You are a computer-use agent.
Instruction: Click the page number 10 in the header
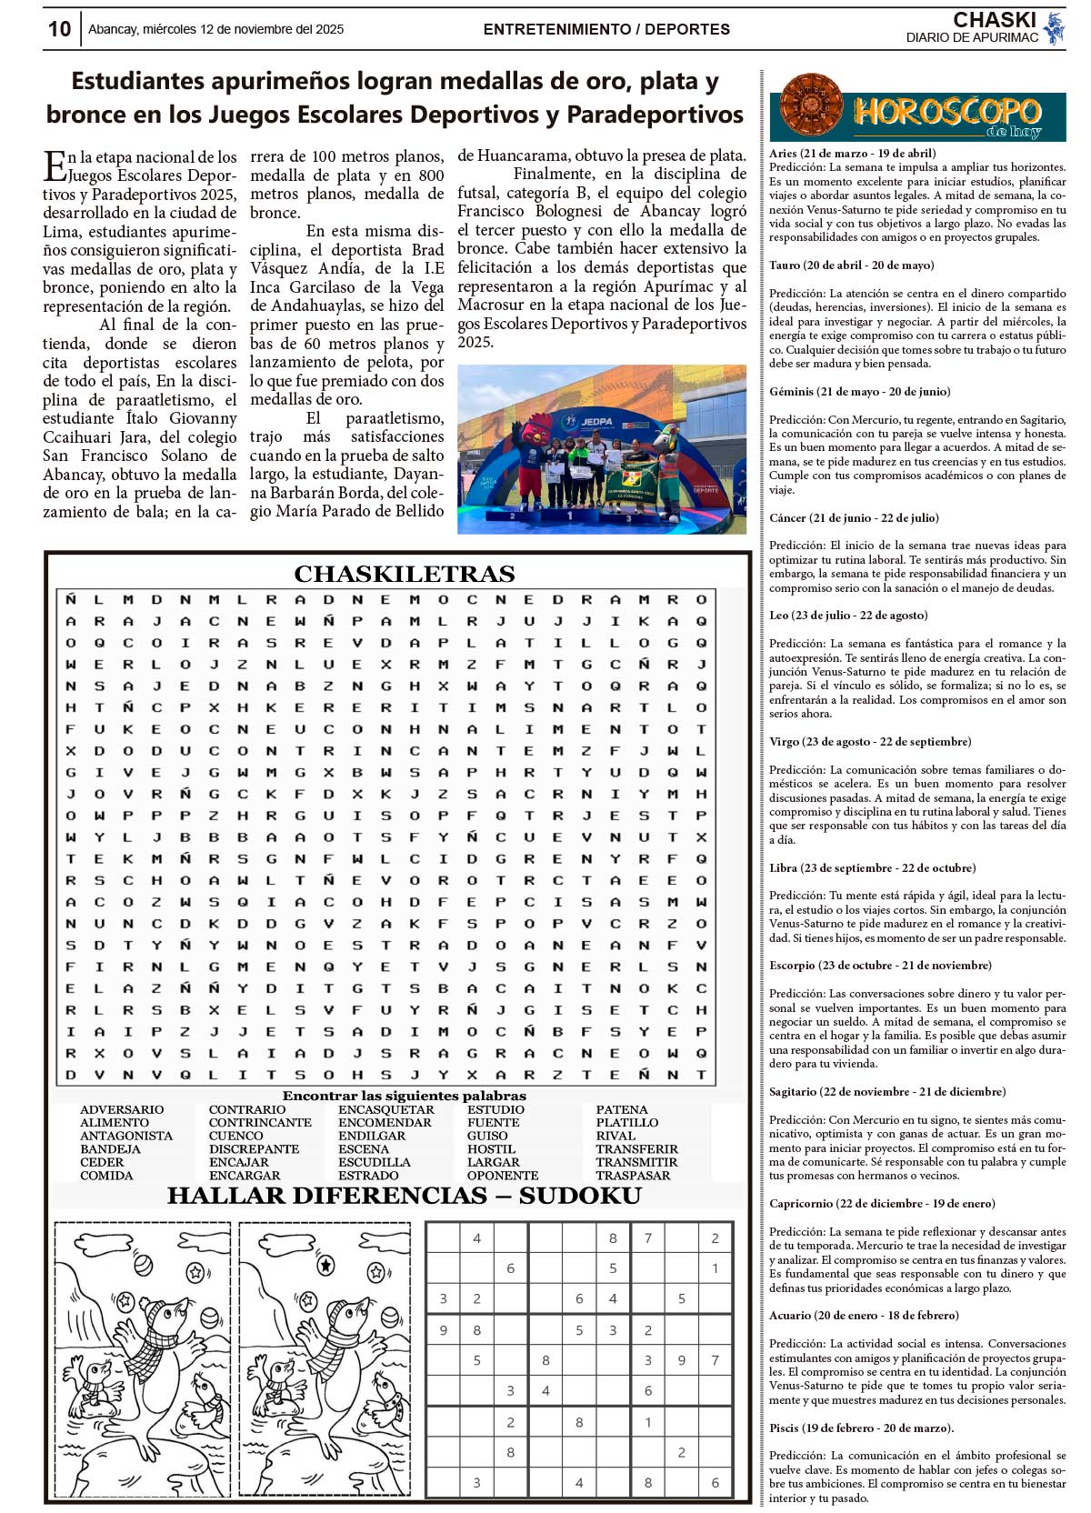point(59,29)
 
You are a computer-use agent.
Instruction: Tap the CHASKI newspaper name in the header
point(994,20)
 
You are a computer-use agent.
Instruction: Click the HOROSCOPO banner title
point(946,112)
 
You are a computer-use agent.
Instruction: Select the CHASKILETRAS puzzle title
point(404,574)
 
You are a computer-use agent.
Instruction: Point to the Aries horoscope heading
point(852,153)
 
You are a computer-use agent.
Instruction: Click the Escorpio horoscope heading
point(880,965)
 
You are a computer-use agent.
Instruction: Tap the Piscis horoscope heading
point(861,1428)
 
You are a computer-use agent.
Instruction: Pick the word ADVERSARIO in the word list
point(122,1109)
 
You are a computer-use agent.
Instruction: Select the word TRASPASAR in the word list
point(633,1175)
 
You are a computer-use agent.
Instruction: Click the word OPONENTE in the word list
point(502,1175)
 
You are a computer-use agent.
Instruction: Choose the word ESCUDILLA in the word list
point(374,1162)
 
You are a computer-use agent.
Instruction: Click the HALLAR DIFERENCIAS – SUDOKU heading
point(404,1196)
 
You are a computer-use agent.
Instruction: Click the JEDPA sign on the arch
point(596,421)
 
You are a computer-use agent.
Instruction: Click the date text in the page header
point(215,29)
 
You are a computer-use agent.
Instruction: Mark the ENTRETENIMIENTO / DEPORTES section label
point(606,29)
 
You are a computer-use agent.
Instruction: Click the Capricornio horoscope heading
point(882,1203)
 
